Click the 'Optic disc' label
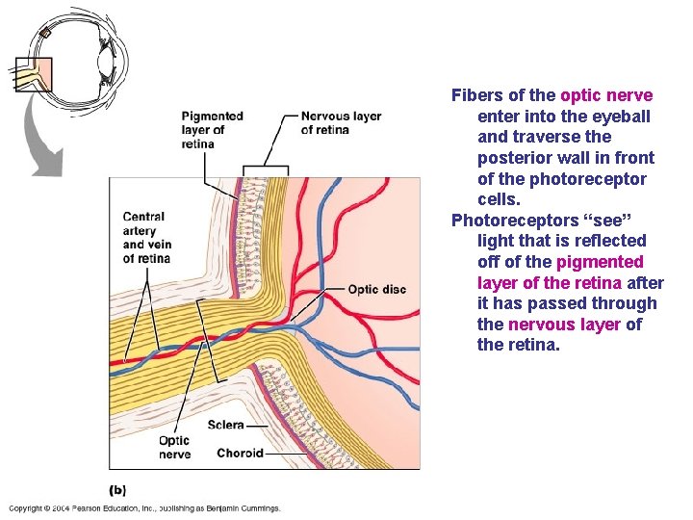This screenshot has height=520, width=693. coord(376,289)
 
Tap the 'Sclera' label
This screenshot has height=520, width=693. coord(225,425)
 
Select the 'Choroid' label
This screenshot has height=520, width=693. coord(240,454)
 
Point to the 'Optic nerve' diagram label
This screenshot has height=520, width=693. coord(174,448)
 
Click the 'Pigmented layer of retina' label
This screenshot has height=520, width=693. coord(212,130)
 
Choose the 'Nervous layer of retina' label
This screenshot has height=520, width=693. coord(341,123)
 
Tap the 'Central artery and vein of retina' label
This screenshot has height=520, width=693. coord(146,238)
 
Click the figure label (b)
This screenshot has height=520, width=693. coord(116,489)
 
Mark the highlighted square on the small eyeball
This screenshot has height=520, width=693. coord(34,74)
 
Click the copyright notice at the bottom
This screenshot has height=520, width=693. coord(144,507)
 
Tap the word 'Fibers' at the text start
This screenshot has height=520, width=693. coord(476,95)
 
